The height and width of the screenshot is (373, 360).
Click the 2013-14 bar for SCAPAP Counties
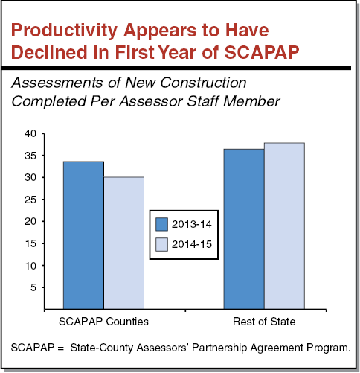point(83,235)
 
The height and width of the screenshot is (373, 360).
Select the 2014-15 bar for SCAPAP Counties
point(123,242)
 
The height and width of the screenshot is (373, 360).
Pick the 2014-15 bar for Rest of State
point(284,226)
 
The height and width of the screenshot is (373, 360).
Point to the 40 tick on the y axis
point(29,134)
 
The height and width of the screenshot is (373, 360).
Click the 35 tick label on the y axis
point(29,156)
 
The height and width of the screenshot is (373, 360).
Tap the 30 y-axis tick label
point(29,178)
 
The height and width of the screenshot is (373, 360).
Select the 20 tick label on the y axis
point(29,222)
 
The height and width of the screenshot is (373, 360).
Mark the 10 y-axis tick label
point(29,266)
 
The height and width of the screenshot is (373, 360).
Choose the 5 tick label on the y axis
point(32,287)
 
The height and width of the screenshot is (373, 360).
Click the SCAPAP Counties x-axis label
point(103,322)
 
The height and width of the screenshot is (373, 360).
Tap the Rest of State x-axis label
point(264,322)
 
